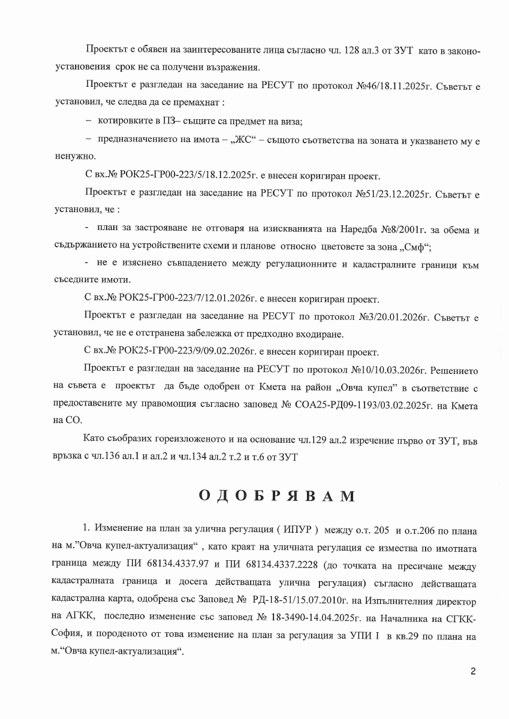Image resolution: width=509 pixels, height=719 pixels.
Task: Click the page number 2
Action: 473,671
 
